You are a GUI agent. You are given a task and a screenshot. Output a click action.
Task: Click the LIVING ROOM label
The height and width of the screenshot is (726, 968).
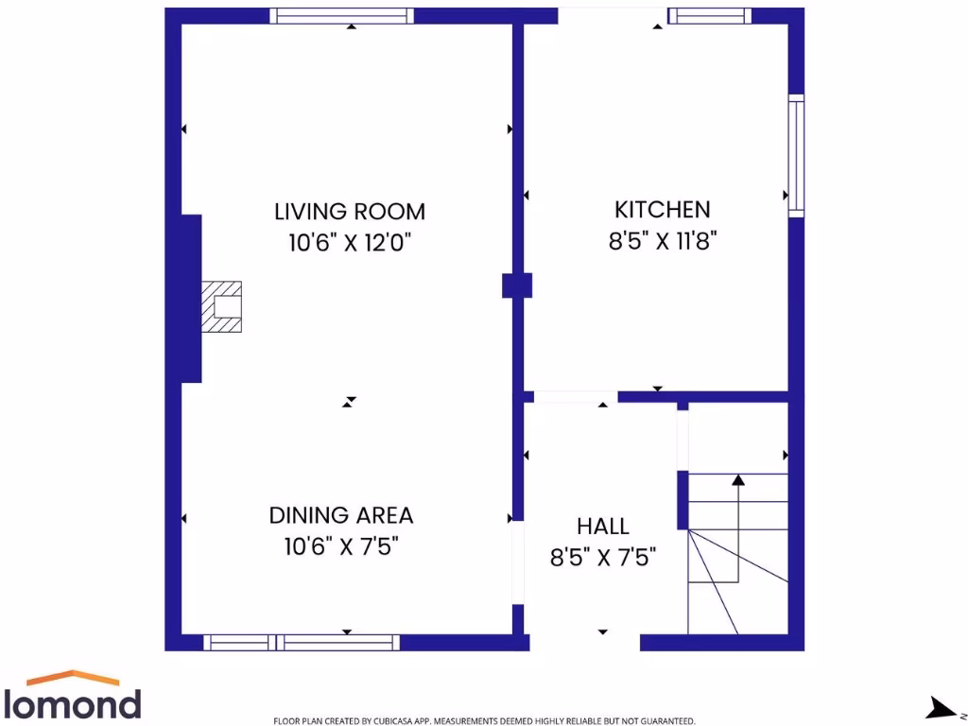pyautogui.click(x=350, y=211)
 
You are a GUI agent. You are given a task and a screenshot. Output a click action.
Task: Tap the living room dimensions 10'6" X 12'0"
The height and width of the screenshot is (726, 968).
pyautogui.click(x=350, y=242)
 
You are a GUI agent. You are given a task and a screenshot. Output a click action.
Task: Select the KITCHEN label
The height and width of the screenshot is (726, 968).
pyautogui.click(x=662, y=210)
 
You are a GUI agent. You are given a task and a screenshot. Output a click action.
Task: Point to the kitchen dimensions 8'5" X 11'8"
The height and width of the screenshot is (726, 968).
pyautogui.click(x=662, y=240)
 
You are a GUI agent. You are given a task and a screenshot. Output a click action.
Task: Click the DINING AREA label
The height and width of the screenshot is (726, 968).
pyautogui.click(x=341, y=515)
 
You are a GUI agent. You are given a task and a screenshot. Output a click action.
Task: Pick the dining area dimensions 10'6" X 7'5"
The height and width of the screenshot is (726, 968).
pyautogui.click(x=341, y=546)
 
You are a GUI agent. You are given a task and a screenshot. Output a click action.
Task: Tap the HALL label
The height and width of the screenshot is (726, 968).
pyautogui.click(x=603, y=527)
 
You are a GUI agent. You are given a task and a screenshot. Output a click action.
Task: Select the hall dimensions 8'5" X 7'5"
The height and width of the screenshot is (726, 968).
pyautogui.click(x=603, y=557)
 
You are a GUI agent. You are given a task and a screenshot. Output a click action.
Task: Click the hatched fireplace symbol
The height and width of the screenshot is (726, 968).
pyautogui.click(x=223, y=306)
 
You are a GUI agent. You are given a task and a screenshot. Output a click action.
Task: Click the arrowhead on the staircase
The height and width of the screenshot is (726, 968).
pyautogui.click(x=737, y=479)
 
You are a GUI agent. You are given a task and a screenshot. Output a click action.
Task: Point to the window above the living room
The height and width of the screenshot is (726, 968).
pyautogui.click(x=342, y=15)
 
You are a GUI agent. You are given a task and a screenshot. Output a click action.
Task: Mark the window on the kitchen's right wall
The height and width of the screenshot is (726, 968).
pyautogui.click(x=796, y=155)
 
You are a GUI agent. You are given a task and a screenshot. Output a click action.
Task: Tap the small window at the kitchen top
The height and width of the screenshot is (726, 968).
pyautogui.click(x=709, y=15)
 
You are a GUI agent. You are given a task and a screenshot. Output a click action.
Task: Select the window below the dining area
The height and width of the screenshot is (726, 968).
pyautogui.click(x=302, y=643)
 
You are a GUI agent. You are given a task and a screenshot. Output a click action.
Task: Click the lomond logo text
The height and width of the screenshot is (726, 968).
pyautogui.click(x=73, y=704)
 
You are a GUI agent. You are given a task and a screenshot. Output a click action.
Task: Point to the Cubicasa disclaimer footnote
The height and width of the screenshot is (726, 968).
pyautogui.click(x=484, y=720)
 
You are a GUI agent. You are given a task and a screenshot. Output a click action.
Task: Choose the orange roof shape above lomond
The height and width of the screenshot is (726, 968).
pyautogui.click(x=73, y=677)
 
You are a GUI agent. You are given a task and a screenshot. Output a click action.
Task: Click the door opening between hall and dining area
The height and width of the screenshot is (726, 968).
pyautogui.click(x=517, y=562)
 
